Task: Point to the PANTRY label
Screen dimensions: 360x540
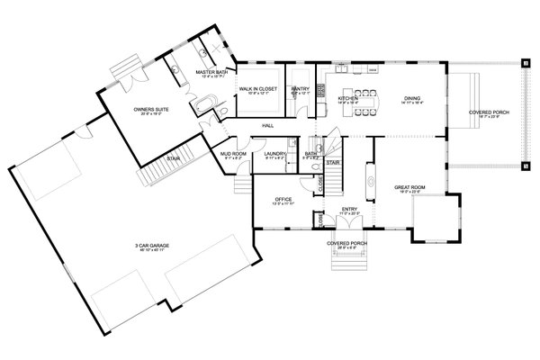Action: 300,89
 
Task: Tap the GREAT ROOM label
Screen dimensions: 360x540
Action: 409,187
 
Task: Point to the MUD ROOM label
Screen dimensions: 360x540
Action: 234,154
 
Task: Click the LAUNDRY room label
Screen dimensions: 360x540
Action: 275,154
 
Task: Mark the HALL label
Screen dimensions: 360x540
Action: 267,126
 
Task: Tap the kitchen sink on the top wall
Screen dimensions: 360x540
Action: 343,68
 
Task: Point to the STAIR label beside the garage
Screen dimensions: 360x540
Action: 173,157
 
